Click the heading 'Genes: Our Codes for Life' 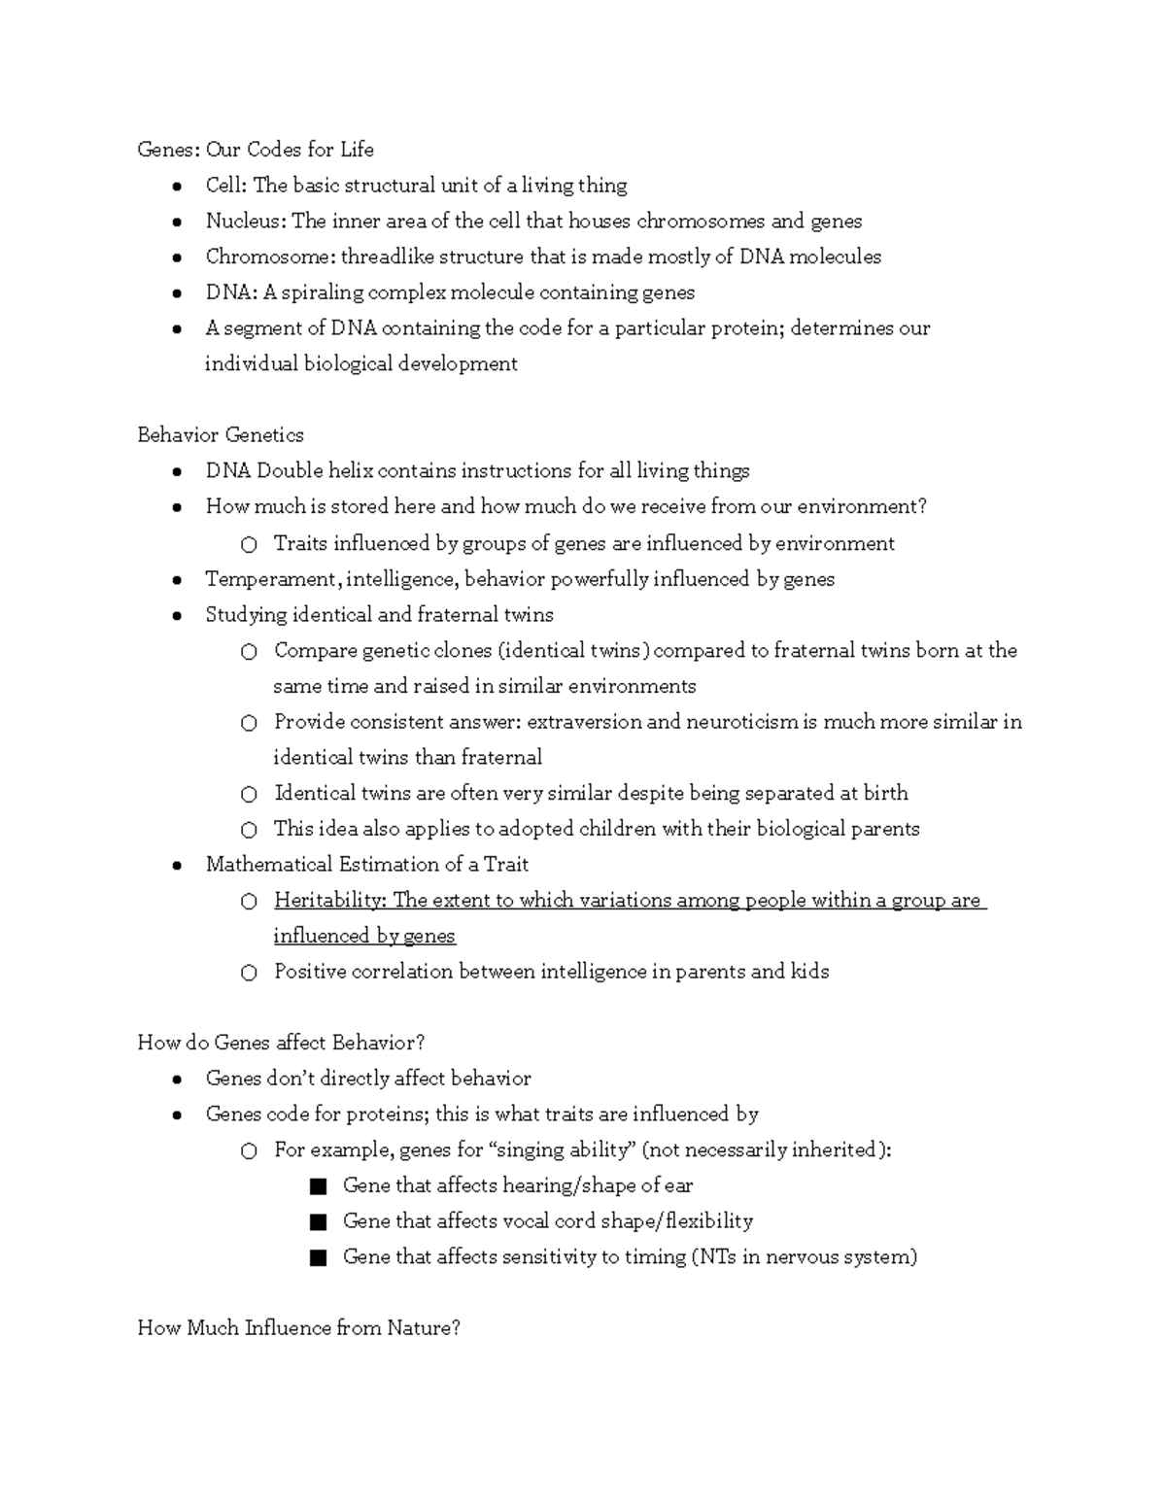pyautogui.click(x=256, y=150)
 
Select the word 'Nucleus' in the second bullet pyautogui.click(x=244, y=222)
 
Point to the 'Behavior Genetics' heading pyautogui.click(x=221, y=435)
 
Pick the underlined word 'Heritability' pyautogui.click(x=328, y=901)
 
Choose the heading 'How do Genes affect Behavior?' pyautogui.click(x=282, y=1044)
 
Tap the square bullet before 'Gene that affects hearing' pyautogui.click(x=317, y=1186)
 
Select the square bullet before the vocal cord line pyautogui.click(x=317, y=1222)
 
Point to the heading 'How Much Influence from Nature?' pyautogui.click(x=298, y=1328)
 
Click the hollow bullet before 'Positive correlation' pyautogui.click(x=249, y=973)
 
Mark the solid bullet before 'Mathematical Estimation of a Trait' pyautogui.click(x=177, y=866)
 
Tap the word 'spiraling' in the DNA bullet pyautogui.click(x=321, y=293)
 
